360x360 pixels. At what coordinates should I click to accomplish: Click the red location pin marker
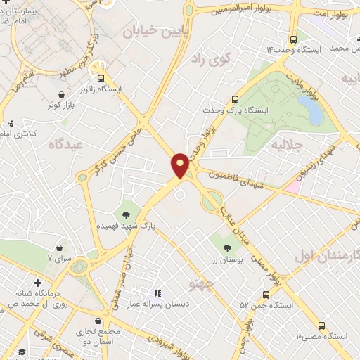coord(181,165)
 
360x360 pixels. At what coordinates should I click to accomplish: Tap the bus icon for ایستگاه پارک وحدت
coord(235,99)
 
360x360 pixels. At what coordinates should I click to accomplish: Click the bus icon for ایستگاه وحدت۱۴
coord(293,40)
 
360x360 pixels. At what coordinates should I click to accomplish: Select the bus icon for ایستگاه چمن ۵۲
coord(266,295)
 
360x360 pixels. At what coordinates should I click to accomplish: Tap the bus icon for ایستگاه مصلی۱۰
coord(321,326)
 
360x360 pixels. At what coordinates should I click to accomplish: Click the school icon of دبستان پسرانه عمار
coord(157,293)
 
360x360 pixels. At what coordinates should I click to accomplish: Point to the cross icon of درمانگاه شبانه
coord(37,283)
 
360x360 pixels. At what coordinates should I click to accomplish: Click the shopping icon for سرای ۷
coord(59,247)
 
